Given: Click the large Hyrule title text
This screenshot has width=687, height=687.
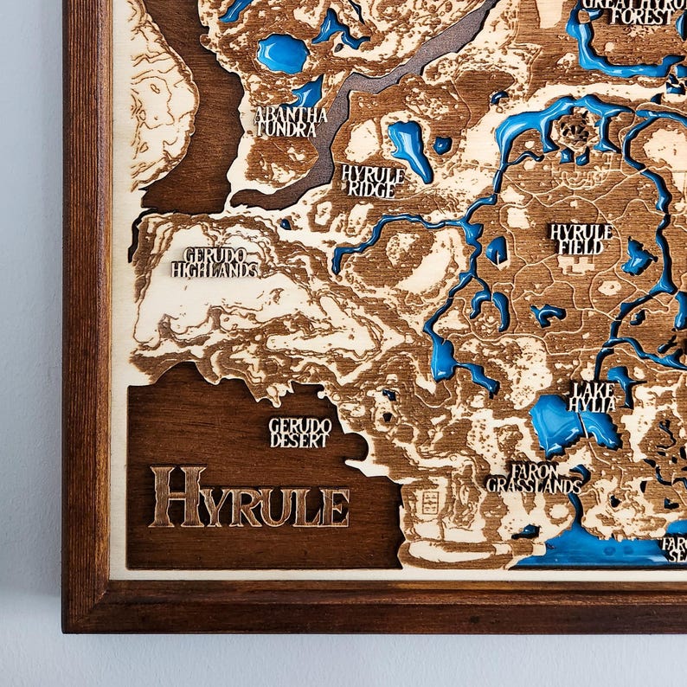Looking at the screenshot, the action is tap(250, 498).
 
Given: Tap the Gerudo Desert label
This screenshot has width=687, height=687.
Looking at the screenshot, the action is tap(300, 433).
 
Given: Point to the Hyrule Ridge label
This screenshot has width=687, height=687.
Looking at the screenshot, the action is tap(373, 181).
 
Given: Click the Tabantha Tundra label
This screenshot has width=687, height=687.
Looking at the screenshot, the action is tap(291, 121).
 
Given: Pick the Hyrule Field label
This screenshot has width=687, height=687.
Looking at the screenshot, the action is tap(581, 239).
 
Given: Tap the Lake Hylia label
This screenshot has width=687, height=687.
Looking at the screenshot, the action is tap(593, 396).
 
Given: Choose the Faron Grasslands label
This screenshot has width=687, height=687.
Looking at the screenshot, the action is tap(534, 478).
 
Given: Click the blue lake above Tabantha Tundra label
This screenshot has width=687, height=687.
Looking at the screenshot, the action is tap(282, 54).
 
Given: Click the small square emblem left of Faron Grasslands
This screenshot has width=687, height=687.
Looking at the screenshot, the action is tap(427, 501).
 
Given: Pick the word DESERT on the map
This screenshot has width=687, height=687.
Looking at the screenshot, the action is tap(300, 440).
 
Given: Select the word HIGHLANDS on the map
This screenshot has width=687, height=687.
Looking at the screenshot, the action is tap(215, 270).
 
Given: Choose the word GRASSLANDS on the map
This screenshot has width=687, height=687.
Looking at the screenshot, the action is tap(534, 485).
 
